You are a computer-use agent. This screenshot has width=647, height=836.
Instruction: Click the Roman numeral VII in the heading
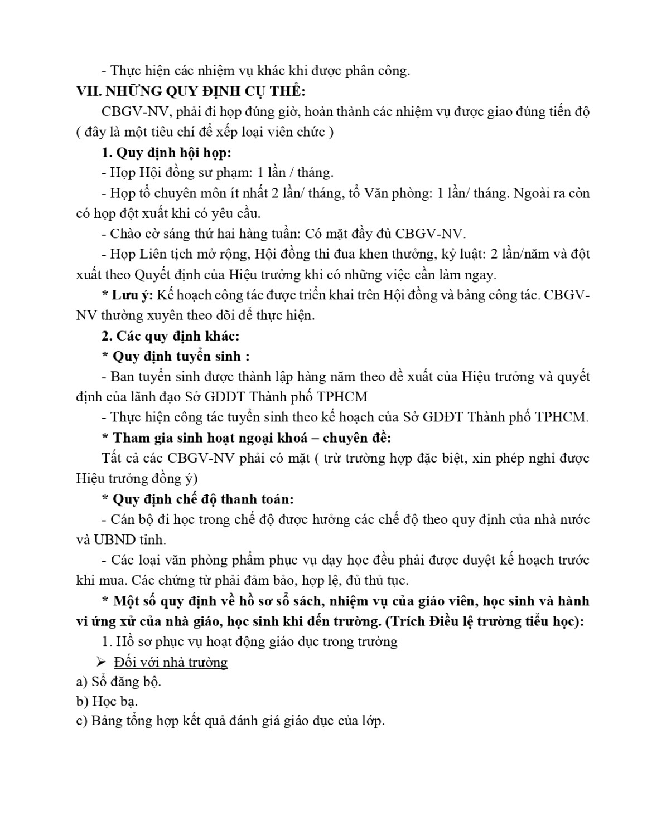86,91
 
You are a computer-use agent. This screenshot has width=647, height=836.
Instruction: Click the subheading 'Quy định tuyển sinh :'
181,356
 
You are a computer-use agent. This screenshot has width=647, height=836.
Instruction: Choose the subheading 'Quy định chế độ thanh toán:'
203,499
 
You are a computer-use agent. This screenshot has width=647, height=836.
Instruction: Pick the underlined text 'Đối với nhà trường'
171,662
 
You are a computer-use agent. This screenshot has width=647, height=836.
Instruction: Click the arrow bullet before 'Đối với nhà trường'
101,662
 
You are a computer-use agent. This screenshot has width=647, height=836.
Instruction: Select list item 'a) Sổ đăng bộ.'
119,681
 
